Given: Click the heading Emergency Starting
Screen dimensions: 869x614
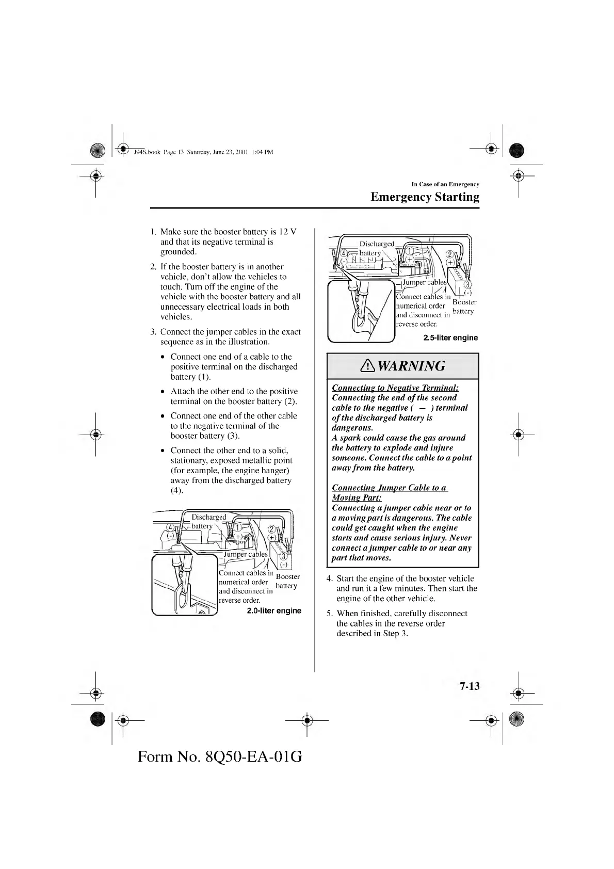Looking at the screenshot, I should pyautogui.click(x=425, y=197).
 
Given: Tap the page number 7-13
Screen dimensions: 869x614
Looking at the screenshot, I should pyautogui.click(x=469, y=686).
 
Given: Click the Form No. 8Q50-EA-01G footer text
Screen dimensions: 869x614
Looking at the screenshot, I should pyautogui.click(x=220, y=757).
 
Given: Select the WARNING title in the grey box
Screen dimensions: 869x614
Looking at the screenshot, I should pyautogui.click(x=411, y=366).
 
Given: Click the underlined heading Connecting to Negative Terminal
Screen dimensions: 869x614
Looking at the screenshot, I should pyautogui.click(x=395, y=388).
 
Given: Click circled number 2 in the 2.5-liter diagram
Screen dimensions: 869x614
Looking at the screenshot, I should pyautogui.click(x=449, y=254).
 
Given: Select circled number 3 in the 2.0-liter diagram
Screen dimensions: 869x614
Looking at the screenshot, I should pyautogui.click(x=283, y=556).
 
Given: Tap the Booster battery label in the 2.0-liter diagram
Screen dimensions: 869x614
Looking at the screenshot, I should pyautogui.click(x=287, y=581).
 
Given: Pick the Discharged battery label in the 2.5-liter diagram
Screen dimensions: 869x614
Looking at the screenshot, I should pyautogui.click(x=376, y=248).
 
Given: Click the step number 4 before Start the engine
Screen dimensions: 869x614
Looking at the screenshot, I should pyautogui.click(x=330, y=578).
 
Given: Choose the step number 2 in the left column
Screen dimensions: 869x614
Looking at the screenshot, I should pyautogui.click(x=153, y=267).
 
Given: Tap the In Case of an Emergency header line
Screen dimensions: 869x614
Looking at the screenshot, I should pyautogui.click(x=445, y=184).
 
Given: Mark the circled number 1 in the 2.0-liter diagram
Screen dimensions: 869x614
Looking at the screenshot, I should pyautogui.click(x=238, y=527).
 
